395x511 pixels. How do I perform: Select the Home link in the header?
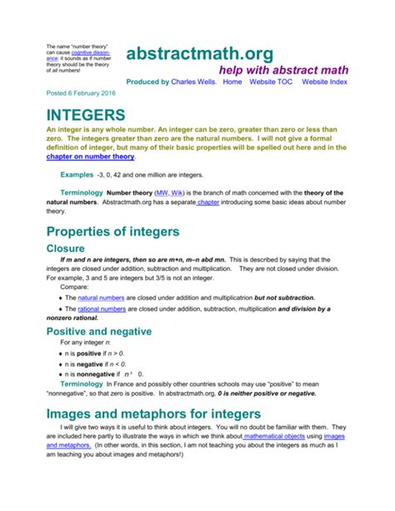point(232,83)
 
